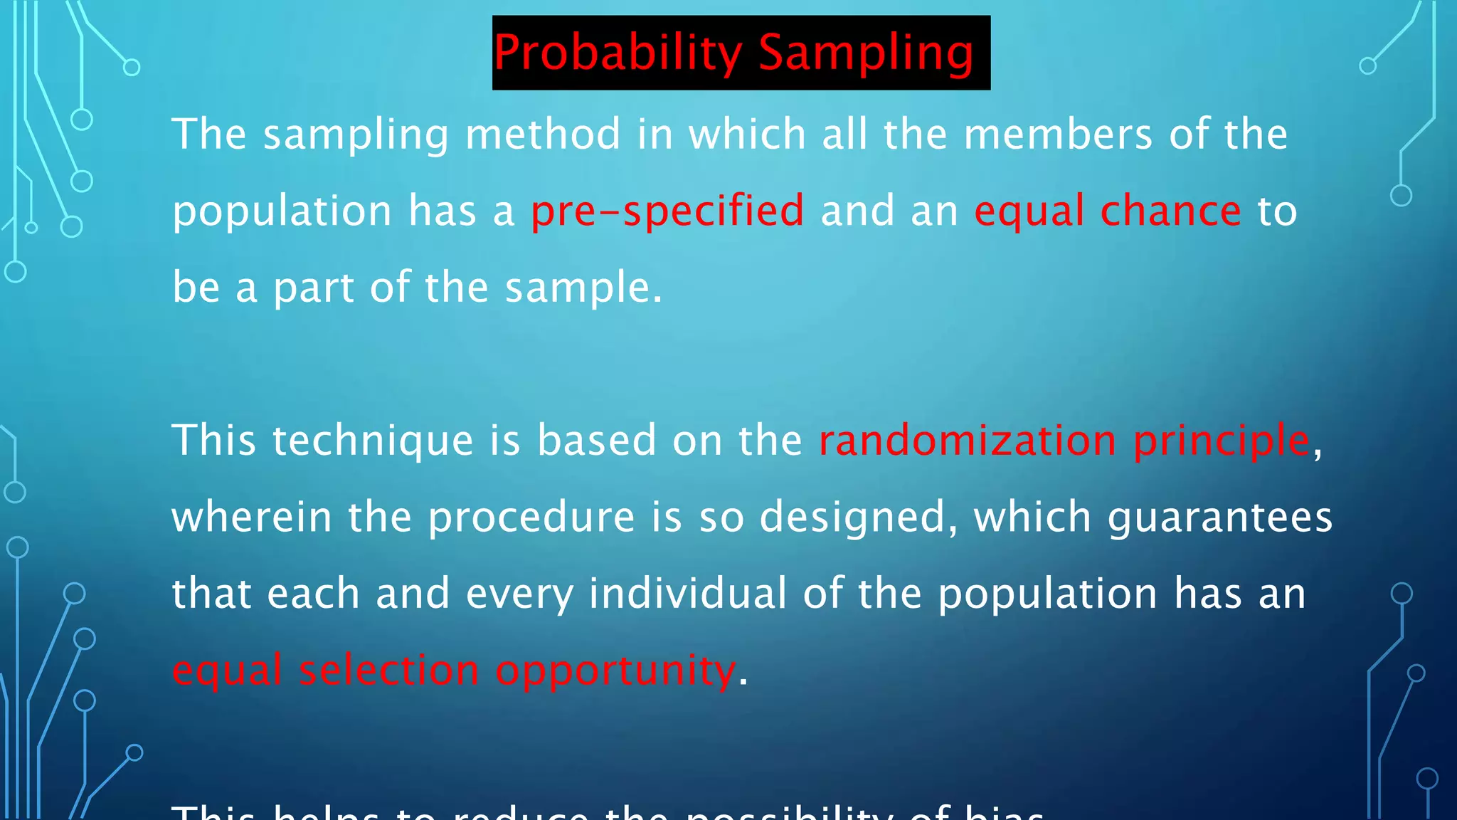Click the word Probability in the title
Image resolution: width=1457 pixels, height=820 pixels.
tap(618, 53)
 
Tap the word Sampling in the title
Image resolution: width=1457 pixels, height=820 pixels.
tap(866, 53)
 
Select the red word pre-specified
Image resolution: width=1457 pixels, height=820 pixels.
tap(667, 211)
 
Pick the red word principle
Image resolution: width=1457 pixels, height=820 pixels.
tap(1221, 441)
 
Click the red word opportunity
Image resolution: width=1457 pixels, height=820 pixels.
tap(615, 671)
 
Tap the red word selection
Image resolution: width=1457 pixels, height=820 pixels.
tap(389, 670)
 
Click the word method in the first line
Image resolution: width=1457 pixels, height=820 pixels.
tap(543, 135)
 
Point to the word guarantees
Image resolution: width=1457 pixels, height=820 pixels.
tap(1219, 517)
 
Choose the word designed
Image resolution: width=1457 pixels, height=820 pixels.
tap(858, 517)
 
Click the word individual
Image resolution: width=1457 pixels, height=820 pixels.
tap(688, 594)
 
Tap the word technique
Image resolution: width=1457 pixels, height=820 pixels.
tap(373, 441)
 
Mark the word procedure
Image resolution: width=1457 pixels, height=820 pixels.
tap(531, 517)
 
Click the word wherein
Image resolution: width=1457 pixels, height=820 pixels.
tap(252, 517)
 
